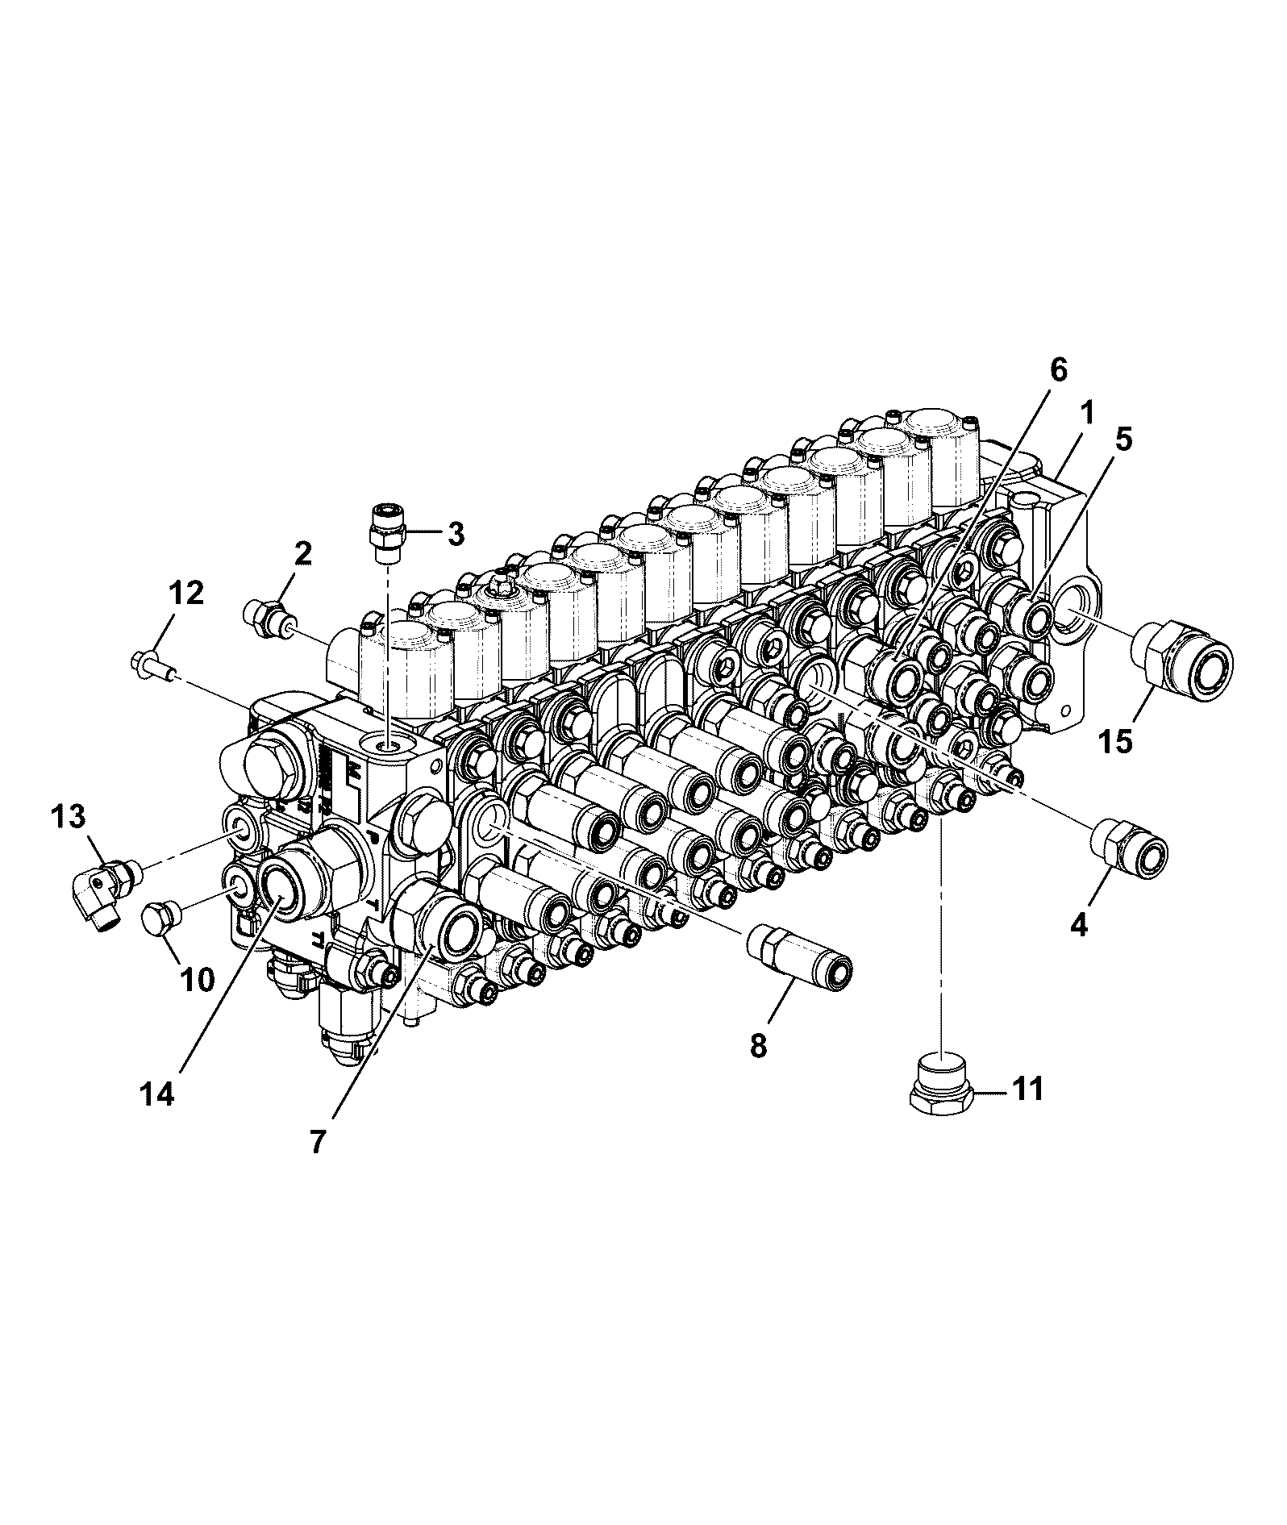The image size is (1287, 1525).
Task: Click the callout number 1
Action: [1087, 415]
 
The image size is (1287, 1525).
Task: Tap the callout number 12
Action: [186, 594]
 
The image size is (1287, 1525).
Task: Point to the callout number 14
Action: [157, 1094]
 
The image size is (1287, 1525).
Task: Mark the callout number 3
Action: [456, 533]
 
